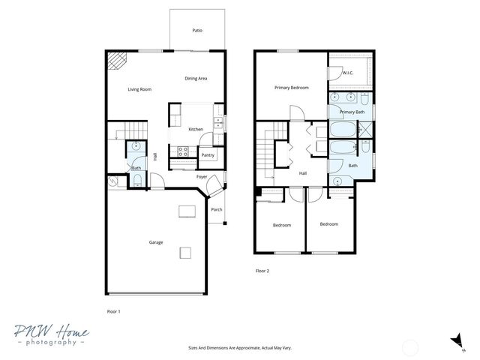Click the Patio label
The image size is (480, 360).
[x=196, y=31]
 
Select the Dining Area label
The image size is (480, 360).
[x=196, y=78]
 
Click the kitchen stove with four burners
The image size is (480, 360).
[x=181, y=152]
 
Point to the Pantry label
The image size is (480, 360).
[x=208, y=155]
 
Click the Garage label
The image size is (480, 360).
[x=156, y=242]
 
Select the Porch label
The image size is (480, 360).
[x=216, y=209]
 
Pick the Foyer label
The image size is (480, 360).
[x=202, y=177]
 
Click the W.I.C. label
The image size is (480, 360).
[x=348, y=73]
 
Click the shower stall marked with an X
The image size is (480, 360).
[x=361, y=130]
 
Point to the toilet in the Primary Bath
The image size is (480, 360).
[x=363, y=99]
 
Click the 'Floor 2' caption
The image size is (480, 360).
[x=262, y=271]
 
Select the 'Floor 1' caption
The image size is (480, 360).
[x=113, y=310]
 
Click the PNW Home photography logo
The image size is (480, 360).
[x=50, y=335]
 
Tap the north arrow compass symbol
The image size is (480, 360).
[x=455, y=342]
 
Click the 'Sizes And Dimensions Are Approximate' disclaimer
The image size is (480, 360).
[x=239, y=348]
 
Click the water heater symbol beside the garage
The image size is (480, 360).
[x=113, y=181]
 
